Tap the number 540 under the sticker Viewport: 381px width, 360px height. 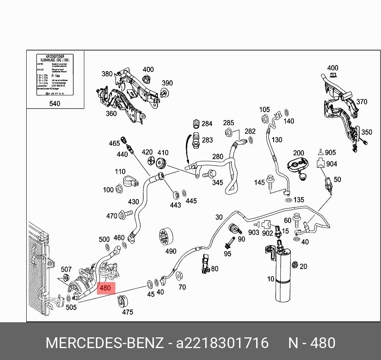point(54,104)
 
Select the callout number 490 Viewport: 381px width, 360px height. point(171,251)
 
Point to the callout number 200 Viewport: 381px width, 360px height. point(298,153)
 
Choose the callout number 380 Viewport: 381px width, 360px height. point(107,74)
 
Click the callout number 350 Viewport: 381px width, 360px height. point(367,132)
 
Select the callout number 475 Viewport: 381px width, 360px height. point(127,312)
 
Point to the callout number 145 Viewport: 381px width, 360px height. point(259,182)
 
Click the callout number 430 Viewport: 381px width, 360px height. point(133,202)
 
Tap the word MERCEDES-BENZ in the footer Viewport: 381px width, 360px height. point(105,343)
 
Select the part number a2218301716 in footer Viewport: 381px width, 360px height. point(222,343)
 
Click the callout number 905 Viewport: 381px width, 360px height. point(330,153)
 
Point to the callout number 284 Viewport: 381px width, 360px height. point(207,124)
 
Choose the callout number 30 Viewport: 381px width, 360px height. point(219,217)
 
